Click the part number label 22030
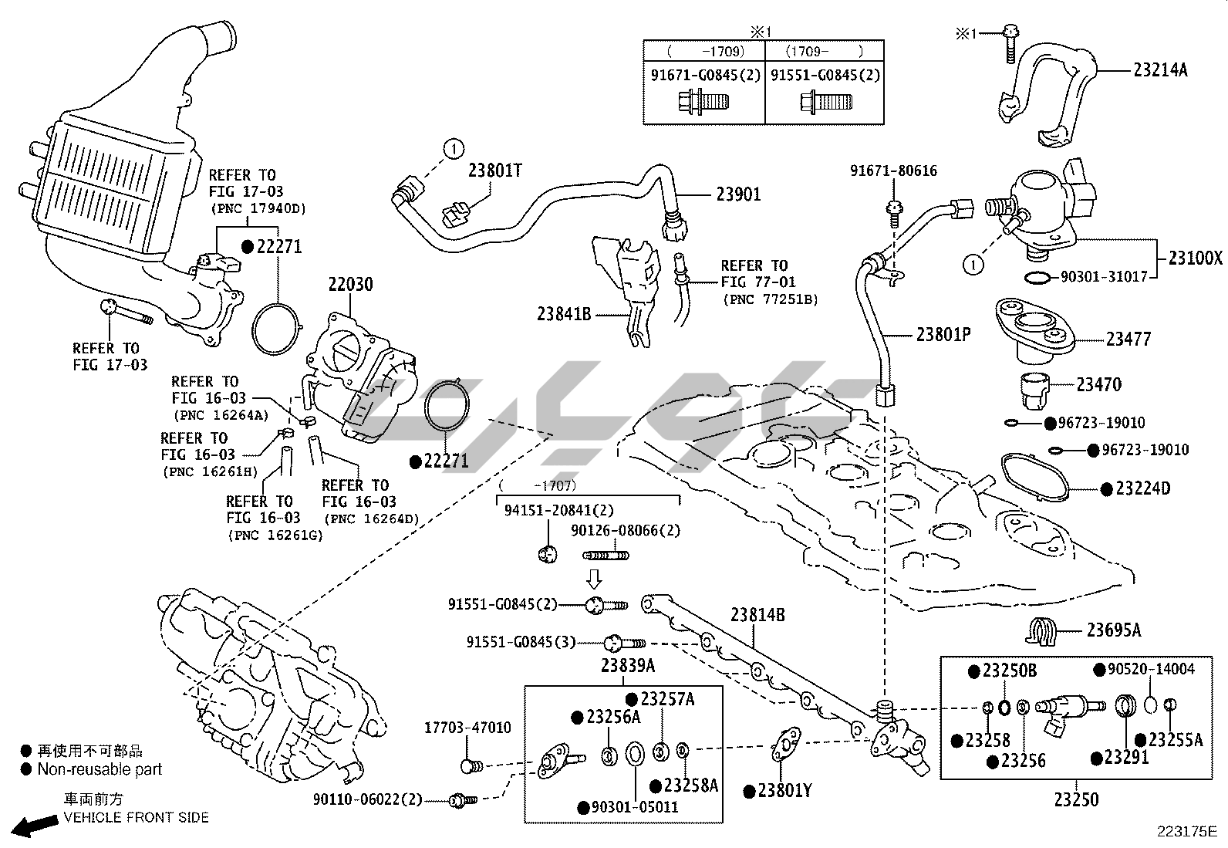tap(350, 284)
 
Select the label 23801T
tap(494, 171)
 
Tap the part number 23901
tap(738, 194)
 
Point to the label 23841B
tap(564, 314)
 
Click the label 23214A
tap(1160, 70)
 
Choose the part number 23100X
tap(1196, 258)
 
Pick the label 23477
tap(1128, 339)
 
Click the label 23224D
tap(1143, 488)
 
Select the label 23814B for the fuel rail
tap(757, 615)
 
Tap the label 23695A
tap(1114, 630)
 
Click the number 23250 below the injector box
tap(1076, 799)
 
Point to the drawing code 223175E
tap(1186, 832)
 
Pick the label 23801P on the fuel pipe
tap(943, 334)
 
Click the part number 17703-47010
tap(467, 728)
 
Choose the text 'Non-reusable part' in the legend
tap(100, 769)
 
